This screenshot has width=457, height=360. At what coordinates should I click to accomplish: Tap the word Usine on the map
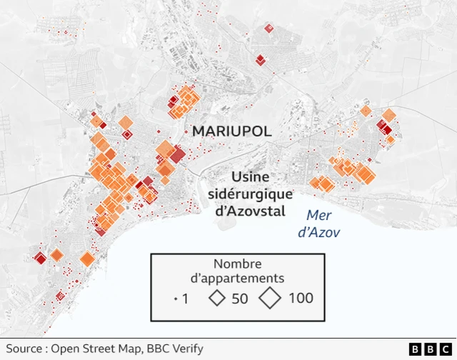pyautogui.click(x=251, y=178)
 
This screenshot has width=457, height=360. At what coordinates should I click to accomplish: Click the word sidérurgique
pyautogui.click(x=251, y=194)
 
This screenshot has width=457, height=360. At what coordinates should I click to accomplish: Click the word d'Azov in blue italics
pyautogui.click(x=318, y=232)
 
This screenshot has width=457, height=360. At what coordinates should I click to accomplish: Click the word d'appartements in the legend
pyautogui.click(x=237, y=279)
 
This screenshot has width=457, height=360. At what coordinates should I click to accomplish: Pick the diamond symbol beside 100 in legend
pyautogui.click(x=271, y=298)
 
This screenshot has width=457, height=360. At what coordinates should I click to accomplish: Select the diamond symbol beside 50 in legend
pyautogui.click(x=216, y=298)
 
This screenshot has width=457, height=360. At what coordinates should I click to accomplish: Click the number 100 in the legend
pyautogui.click(x=301, y=298)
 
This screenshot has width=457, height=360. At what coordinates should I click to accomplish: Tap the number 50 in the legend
pyautogui.click(x=240, y=298)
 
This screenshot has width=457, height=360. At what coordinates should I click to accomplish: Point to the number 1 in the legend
pyautogui.click(x=186, y=299)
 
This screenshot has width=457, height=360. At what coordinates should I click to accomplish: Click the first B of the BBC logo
pyautogui.click(x=415, y=349)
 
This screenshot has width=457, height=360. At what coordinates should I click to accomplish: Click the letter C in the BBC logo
pyautogui.click(x=445, y=349)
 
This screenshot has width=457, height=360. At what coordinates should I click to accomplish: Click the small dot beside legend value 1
pyautogui.click(x=176, y=299)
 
